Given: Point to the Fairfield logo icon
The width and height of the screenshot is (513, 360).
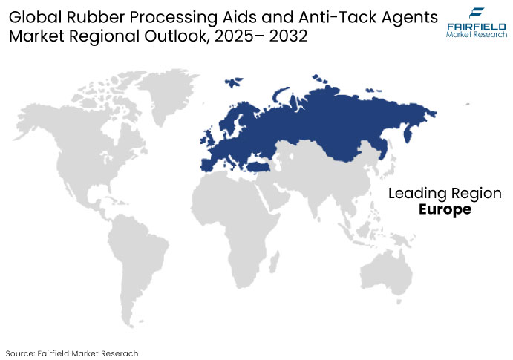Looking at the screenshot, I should (476, 12).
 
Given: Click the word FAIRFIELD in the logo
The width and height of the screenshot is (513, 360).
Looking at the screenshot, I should (476, 26).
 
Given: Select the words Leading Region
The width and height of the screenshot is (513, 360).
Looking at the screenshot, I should (445, 194).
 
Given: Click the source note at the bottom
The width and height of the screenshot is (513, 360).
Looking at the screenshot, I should (72, 352).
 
